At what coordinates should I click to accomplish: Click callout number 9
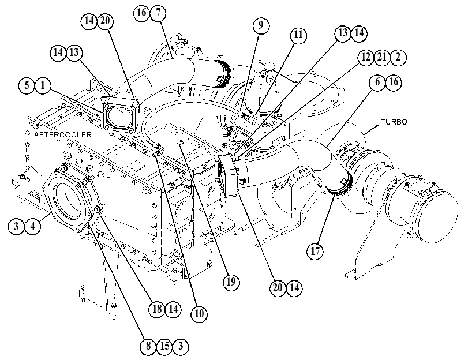[261, 25]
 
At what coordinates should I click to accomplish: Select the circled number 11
[298, 35]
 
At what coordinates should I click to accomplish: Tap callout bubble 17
[315, 251]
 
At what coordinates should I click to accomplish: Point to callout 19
[231, 282]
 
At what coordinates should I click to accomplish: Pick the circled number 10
[199, 313]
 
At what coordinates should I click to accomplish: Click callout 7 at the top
[158, 13]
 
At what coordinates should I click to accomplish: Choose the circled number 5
[27, 85]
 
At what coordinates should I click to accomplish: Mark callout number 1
[43, 85]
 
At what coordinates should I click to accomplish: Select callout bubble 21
[382, 57]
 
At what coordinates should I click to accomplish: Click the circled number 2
[398, 57]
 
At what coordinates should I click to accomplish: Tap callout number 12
[366, 57]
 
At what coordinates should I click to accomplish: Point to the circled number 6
[377, 82]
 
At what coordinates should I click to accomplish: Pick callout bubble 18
[157, 309]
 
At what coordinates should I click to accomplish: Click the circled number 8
[148, 346]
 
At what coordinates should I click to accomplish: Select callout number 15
[164, 346]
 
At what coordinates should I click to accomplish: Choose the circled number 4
[32, 226]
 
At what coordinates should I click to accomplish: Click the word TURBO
[394, 122]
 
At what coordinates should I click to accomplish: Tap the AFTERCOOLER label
[63, 134]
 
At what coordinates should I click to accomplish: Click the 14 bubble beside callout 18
[173, 309]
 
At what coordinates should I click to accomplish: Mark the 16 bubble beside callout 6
[394, 82]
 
